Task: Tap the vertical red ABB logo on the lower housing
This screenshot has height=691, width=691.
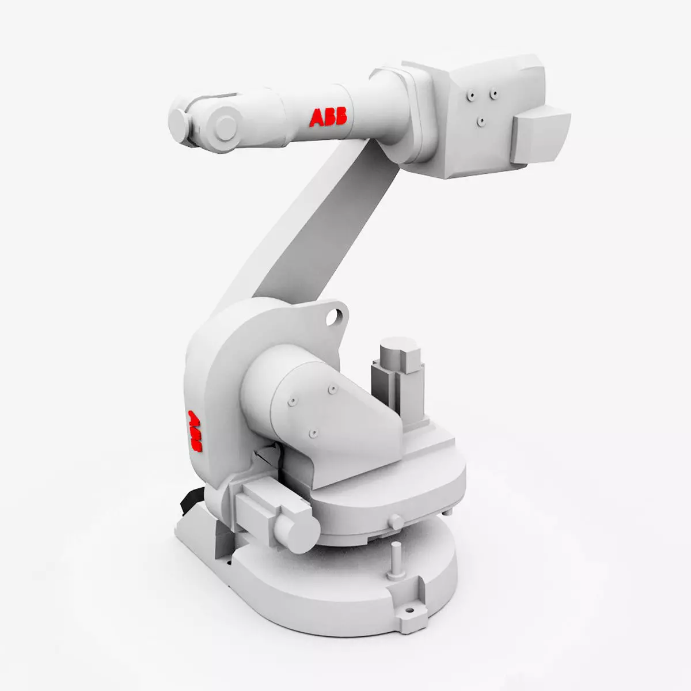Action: pyautogui.click(x=195, y=430)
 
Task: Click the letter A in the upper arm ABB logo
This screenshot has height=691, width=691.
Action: pyautogui.click(x=317, y=117)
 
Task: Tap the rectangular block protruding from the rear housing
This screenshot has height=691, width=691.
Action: pyautogui.click(x=541, y=134)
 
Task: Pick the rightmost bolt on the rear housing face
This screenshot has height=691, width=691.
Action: pyautogui.click(x=493, y=92)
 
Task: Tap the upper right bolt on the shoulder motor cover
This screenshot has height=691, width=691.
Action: pyautogui.click(x=332, y=390)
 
